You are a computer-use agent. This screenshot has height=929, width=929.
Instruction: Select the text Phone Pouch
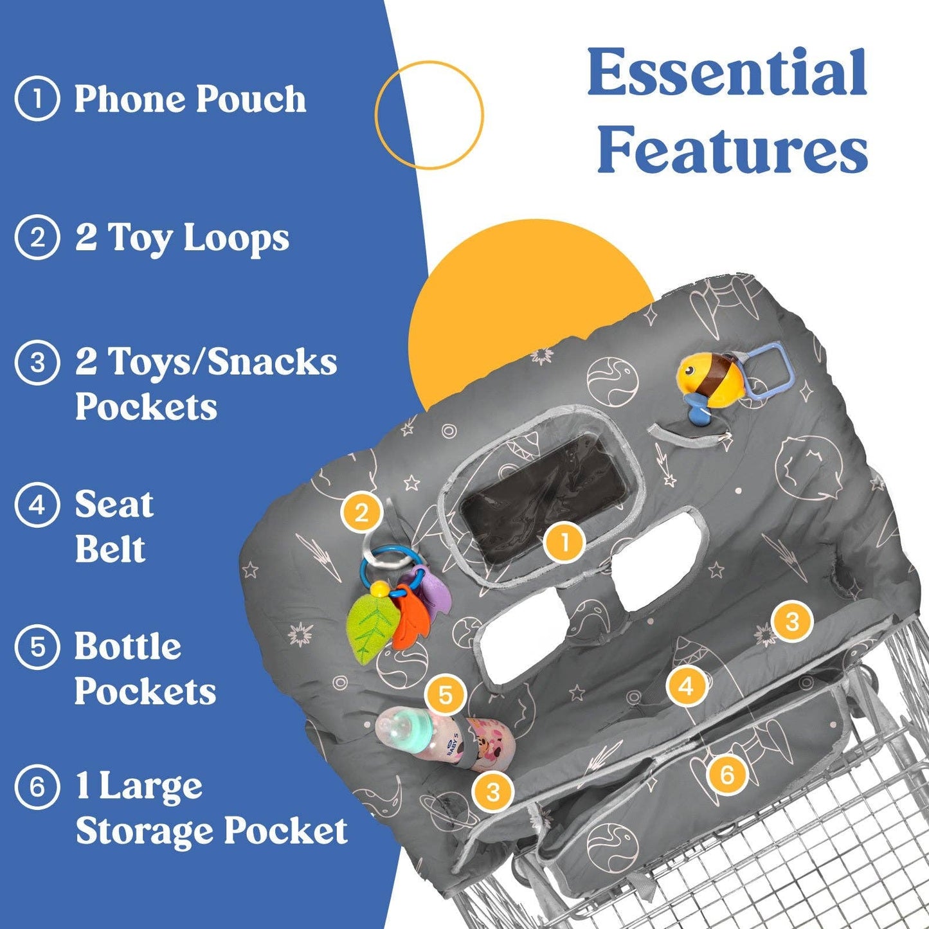(190, 99)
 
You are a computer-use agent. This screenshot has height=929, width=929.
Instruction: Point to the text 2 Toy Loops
(182, 238)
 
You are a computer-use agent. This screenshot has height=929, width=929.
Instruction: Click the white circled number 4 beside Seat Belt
(37, 506)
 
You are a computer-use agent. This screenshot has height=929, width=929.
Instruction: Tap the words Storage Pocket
(212, 832)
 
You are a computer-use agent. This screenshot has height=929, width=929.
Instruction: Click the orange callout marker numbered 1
(564, 543)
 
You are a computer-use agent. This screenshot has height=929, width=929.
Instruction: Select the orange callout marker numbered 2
(361, 513)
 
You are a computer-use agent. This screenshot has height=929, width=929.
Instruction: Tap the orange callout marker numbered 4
(687, 685)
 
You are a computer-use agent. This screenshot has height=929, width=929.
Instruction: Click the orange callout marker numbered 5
(446, 695)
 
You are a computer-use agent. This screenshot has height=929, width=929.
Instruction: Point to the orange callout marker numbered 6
(727, 775)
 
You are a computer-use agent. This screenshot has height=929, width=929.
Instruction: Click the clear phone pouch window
(544, 496)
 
